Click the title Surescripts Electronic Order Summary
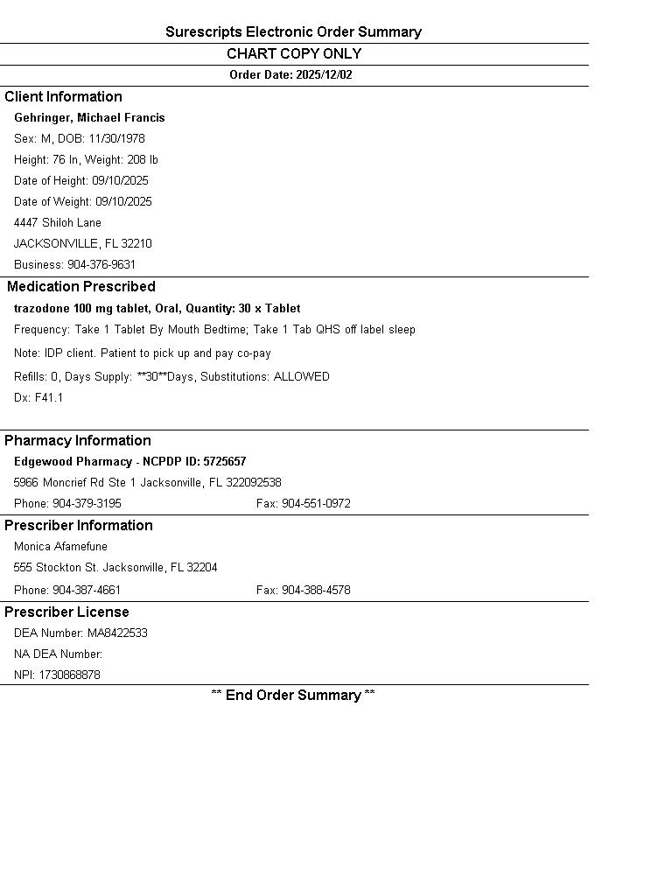point(293,32)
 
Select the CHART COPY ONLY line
point(293,54)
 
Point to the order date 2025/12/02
point(324,75)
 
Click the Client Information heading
point(63,97)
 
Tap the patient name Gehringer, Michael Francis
point(89,118)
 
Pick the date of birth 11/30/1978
point(116,139)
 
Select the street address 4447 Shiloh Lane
point(58,223)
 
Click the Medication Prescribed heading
point(81,287)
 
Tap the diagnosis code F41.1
point(49,398)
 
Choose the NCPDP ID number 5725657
point(225,462)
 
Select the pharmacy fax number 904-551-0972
point(316,504)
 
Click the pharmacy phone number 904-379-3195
point(87,504)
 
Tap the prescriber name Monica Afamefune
point(60,547)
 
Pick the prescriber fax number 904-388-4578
point(316,591)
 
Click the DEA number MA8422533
point(117,633)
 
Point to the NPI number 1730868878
point(69,675)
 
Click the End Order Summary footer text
point(293,696)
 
